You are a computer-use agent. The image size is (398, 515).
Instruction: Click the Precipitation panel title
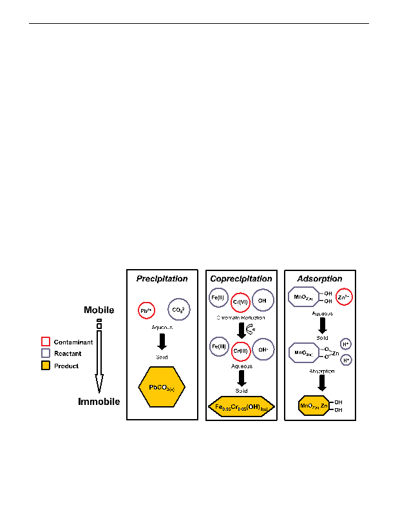point(162,279)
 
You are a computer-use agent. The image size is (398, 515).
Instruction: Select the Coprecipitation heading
point(241,279)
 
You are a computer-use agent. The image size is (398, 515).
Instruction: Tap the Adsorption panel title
point(319,279)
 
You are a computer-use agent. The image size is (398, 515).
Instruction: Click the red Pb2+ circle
point(146,310)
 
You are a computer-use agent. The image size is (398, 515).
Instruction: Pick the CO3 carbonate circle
point(178,310)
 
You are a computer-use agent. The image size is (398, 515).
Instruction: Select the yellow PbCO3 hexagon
point(162,388)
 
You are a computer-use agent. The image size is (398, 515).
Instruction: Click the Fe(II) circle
point(217,298)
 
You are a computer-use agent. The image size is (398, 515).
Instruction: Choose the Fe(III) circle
point(218,346)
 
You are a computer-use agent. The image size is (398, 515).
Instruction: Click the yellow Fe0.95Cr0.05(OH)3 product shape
point(241,407)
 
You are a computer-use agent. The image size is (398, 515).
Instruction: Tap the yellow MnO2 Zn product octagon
point(314,406)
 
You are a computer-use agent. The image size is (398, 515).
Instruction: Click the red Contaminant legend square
point(46,342)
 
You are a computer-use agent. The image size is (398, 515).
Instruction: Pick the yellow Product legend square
point(46,366)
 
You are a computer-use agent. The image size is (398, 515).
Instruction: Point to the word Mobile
point(99,310)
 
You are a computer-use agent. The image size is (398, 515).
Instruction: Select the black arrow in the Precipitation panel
point(162,341)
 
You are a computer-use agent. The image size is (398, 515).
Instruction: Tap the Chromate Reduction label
point(241,318)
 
